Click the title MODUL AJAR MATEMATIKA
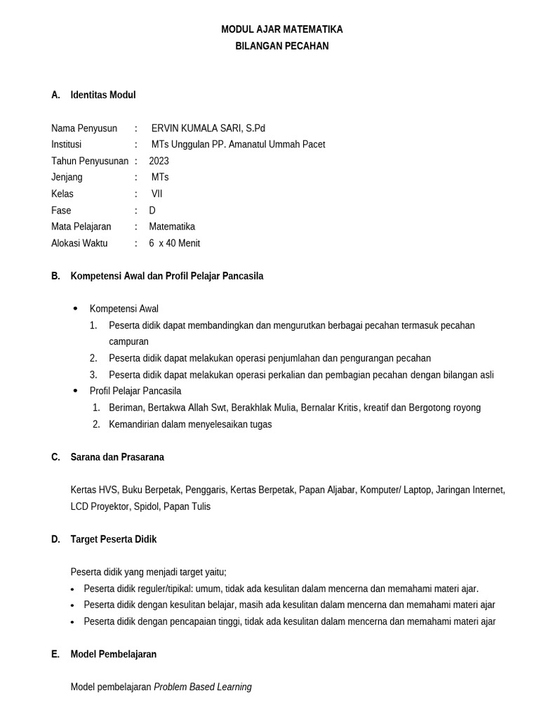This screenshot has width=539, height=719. (x=282, y=29)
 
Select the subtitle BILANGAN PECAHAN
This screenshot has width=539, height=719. (x=282, y=46)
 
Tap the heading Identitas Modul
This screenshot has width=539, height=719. (x=103, y=95)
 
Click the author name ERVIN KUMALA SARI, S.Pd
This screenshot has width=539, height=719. (x=208, y=128)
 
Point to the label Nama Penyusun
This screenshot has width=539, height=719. (x=84, y=128)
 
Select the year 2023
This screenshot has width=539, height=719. (x=159, y=161)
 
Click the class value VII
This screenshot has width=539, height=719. (x=157, y=194)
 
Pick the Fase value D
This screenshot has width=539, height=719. (x=152, y=210)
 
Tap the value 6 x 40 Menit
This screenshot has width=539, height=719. (x=174, y=243)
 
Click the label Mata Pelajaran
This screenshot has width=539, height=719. (x=81, y=227)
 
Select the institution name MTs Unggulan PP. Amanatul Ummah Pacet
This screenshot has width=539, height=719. (x=238, y=145)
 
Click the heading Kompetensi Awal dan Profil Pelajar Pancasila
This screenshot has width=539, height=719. (x=167, y=276)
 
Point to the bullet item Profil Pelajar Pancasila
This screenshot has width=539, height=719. (x=135, y=390)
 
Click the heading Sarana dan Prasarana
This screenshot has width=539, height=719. (x=117, y=457)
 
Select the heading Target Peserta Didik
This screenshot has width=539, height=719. (x=114, y=539)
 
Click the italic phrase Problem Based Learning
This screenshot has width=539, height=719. (x=203, y=687)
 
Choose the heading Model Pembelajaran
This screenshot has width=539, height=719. (x=114, y=654)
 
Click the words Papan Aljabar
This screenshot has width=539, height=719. (x=327, y=490)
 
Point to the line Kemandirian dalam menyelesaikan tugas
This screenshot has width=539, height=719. (x=190, y=424)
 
